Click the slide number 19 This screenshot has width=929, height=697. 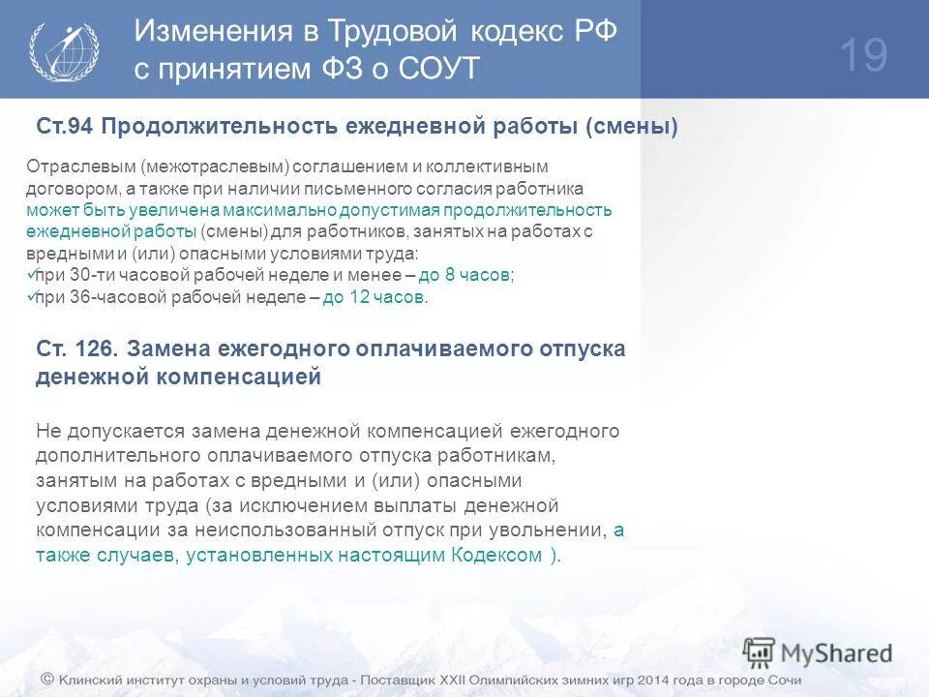[862, 55]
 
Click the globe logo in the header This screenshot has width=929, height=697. [63, 52]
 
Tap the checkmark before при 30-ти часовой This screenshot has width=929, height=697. [30, 275]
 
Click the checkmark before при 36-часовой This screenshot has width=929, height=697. [30, 297]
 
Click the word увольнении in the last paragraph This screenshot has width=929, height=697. [555, 530]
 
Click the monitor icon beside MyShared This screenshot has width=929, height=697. [760, 652]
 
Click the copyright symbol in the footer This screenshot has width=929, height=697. [46, 681]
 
